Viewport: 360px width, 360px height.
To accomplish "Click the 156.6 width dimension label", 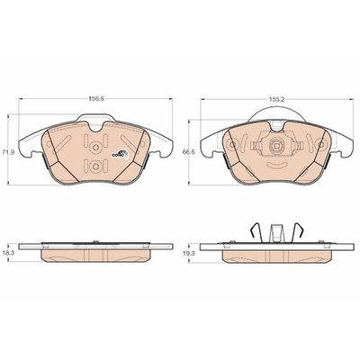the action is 95,99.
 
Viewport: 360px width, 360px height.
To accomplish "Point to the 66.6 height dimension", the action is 189,152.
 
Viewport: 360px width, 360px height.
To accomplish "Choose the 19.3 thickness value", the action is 189,253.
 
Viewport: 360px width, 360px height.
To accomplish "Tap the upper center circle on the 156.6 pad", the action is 95,147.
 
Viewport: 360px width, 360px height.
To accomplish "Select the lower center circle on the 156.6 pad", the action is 95,166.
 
